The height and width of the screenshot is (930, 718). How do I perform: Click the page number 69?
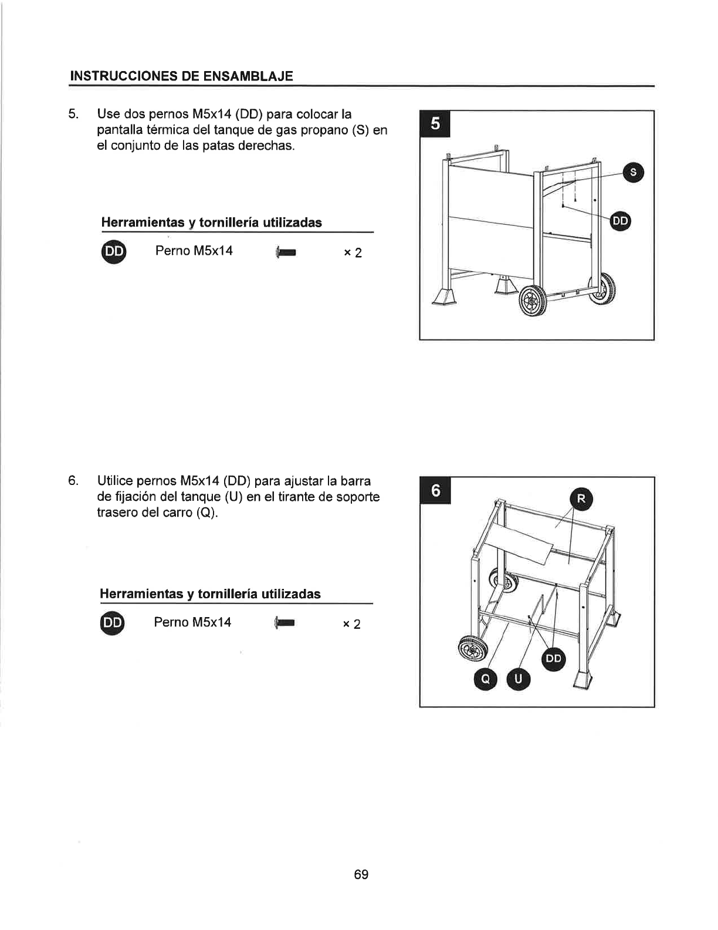(361, 874)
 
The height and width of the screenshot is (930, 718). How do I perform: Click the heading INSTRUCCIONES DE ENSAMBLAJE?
(181, 76)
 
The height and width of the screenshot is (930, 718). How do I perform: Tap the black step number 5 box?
(435, 124)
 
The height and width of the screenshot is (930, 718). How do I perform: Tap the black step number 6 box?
(435, 490)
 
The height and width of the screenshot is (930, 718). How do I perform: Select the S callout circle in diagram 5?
(634, 173)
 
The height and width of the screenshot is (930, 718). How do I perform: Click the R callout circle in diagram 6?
(581, 499)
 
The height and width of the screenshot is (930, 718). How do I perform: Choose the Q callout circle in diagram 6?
(485, 679)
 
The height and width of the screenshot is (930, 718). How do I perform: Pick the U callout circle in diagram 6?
(519, 679)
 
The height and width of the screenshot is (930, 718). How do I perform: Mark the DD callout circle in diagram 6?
(554, 659)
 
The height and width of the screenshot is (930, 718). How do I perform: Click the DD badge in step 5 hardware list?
(114, 251)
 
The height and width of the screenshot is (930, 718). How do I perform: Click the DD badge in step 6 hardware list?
(113, 623)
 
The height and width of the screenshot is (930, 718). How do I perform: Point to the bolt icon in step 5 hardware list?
(286, 252)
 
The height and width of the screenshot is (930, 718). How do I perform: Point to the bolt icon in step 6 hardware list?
(285, 624)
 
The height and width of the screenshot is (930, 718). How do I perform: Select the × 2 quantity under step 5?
(353, 253)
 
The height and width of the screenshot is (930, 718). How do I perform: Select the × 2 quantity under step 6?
(351, 625)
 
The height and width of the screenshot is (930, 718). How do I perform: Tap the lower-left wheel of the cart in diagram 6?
(473, 651)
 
